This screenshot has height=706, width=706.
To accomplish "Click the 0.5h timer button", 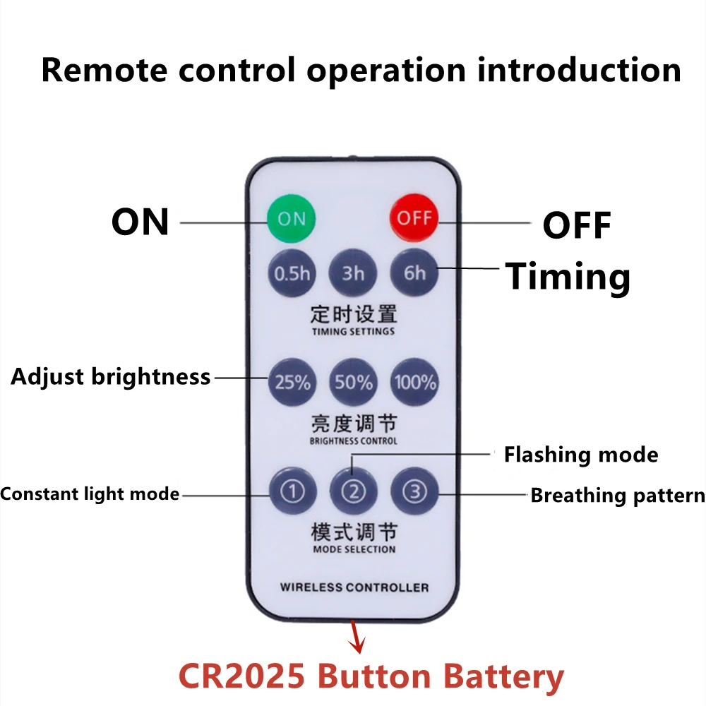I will pyautogui.click(x=292, y=273).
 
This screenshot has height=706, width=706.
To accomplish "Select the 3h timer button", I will pyautogui.click(x=353, y=273).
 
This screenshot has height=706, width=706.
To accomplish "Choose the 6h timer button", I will pyautogui.click(x=414, y=273).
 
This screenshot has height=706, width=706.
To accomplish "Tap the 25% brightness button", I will pyautogui.click(x=292, y=382).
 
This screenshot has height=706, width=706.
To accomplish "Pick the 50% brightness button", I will pyautogui.click(x=354, y=382).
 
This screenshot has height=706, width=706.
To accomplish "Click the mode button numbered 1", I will pyautogui.click(x=292, y=491).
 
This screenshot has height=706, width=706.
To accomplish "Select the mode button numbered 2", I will pyautogui.click(x=354, y=491).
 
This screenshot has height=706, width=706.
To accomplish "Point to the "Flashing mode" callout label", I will pyautogui.click(x=580, y=455).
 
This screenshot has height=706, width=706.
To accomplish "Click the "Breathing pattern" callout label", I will pyautogui.click(x=617, y=495).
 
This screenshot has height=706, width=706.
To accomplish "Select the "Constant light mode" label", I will pyautogui.click(x=90, y=493).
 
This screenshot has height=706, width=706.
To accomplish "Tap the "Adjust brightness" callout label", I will pyautogui.click(x=111, y=377).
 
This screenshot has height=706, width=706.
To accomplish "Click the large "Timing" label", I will pyautogui.click(x=568, y=276).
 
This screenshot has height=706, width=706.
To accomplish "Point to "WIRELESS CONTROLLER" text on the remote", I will pyautogui.click(x=354, y=587).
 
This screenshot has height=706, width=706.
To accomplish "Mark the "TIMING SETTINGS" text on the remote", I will pyautogui.click(x=353, y=331).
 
